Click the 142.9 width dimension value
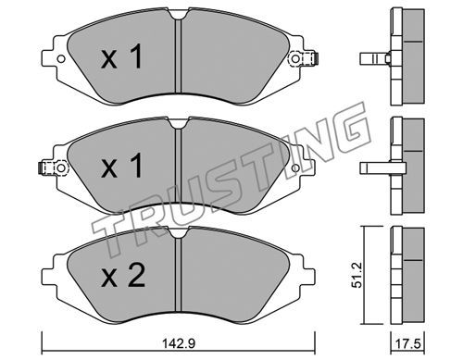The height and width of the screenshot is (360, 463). pyautogui.click(x=178, y=343)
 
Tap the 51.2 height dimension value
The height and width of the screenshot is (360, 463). pyautogui.click(x=357, y=276)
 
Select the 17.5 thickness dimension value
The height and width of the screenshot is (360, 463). pyautogui.click(x=407, y=343)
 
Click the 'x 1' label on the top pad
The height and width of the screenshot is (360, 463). pyautogui.click(x=121, y=56)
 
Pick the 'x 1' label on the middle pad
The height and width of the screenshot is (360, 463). pyautogui.click(x=121, y=166)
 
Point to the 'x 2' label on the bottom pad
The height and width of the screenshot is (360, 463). pyautogui.click(x=123, y=275)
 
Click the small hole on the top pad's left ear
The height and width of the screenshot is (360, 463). pyautogui.click(x=61, y=58)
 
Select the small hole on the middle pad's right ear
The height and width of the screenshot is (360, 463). pyautogui.click(x=295, y=168)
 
